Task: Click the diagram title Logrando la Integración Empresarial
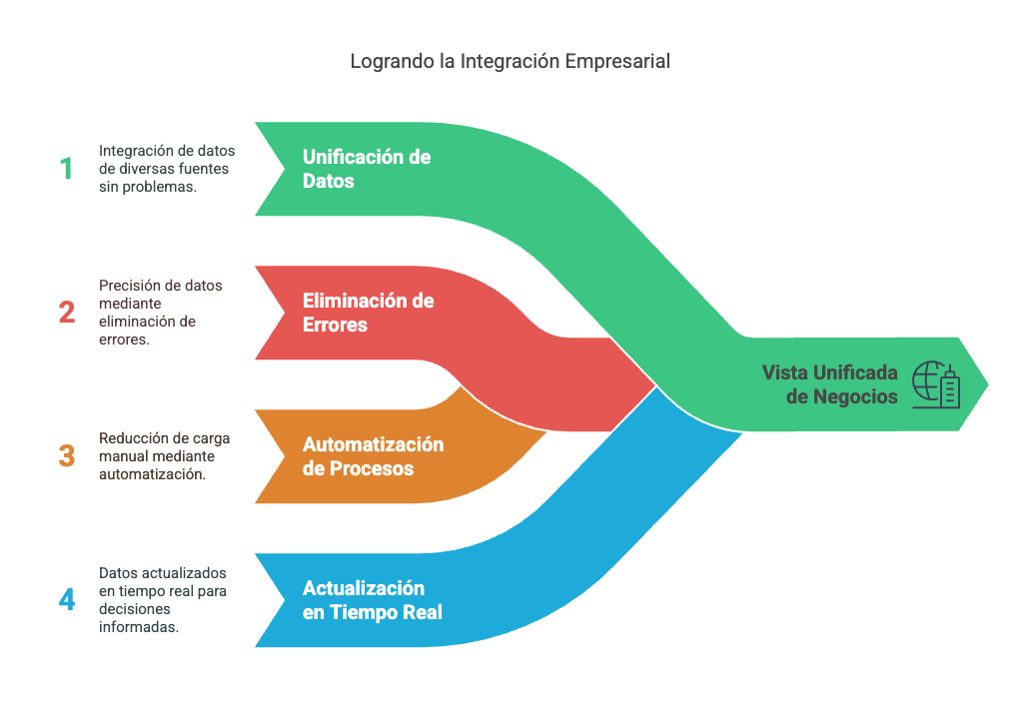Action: (x=510, y=61)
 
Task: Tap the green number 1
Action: (x=67, y=169)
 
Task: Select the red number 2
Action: (x=67, y=313)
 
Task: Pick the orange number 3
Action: (x=67, y=456)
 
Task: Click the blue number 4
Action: (x=67, y=600)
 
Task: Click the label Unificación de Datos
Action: (x=367, y=169)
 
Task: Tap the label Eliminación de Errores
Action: (x=368, y=313)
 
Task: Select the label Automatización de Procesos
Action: (x=373, y=456)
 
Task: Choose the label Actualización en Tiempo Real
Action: (x=372, y=600)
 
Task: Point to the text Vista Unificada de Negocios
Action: (x=830, y=384)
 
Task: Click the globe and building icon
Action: (x=936, y=384)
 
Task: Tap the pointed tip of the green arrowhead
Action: (x=988, y=383)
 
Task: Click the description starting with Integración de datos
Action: (x=167, y=169)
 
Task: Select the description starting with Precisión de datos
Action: (x=161, y=313)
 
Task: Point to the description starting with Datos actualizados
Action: (x=164, y=600)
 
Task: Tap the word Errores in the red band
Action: (x=335, y=326)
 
